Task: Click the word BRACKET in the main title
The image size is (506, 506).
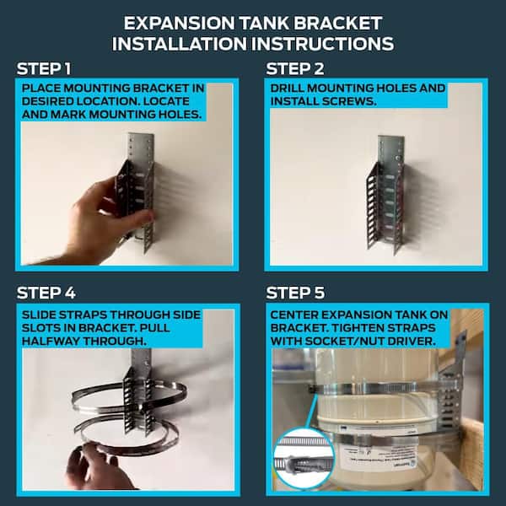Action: coord(338,24)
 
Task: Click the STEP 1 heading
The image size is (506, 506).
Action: coord(44,69)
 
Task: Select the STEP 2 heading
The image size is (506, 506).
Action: coord(295,69)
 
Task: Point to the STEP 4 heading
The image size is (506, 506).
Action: coord(46,293)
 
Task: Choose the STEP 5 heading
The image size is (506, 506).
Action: coord(295,293)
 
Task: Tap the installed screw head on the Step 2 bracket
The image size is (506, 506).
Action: coord(397,159)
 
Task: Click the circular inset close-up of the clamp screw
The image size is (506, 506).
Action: coord(304,459)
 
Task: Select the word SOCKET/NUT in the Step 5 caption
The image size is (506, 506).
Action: coord(344,341)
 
